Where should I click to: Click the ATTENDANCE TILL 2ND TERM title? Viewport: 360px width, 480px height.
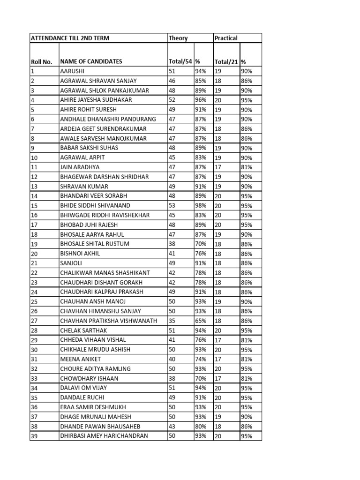click(70, 38)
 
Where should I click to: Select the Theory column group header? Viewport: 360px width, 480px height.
click(178, 38)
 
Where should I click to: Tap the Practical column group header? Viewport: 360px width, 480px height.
click(226, 38)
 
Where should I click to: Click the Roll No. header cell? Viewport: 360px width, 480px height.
click(41, 61)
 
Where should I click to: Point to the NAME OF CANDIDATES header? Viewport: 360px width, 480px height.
click(91, 61)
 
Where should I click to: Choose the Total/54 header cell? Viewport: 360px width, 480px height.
click(180, 61)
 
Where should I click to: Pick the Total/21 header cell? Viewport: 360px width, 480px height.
click(226, 61)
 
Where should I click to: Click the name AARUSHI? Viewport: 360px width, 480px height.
click(72, 71)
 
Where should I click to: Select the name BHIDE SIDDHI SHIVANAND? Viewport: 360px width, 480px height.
click(95, 205)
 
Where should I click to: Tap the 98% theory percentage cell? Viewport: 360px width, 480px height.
click(201, 205)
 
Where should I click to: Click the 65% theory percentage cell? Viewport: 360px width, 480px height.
click(201, 321)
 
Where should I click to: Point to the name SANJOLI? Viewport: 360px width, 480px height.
click(71, 263)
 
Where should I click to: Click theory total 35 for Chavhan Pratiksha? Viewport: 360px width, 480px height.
click(172, 321)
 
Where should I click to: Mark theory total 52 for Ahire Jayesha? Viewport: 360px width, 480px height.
click(172, 100)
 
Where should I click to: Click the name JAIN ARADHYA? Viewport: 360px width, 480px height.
click(80, 167)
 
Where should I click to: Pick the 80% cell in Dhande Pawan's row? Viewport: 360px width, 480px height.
click(201, 426)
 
